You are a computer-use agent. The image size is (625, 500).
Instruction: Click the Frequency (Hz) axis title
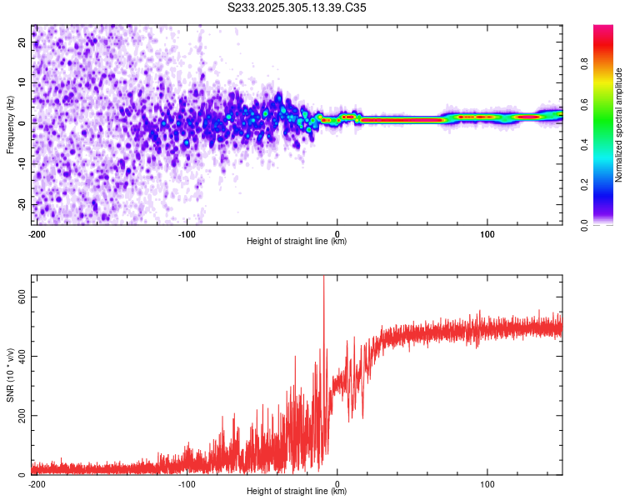10,124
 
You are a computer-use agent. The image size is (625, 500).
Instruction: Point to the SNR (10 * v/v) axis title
10,375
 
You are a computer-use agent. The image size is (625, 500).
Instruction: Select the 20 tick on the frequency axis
22,41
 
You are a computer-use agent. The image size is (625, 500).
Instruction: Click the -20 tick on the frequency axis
21,204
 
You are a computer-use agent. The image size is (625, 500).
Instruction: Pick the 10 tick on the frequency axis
22,82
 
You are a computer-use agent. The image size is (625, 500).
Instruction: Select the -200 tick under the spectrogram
36,233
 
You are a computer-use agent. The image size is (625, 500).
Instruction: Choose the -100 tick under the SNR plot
187,483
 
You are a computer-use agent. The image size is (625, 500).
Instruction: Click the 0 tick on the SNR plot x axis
337,483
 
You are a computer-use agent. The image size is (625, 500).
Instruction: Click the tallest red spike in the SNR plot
323,280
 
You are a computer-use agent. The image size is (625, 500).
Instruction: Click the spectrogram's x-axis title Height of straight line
297,242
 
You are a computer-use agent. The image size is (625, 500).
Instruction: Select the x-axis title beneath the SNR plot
297,492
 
